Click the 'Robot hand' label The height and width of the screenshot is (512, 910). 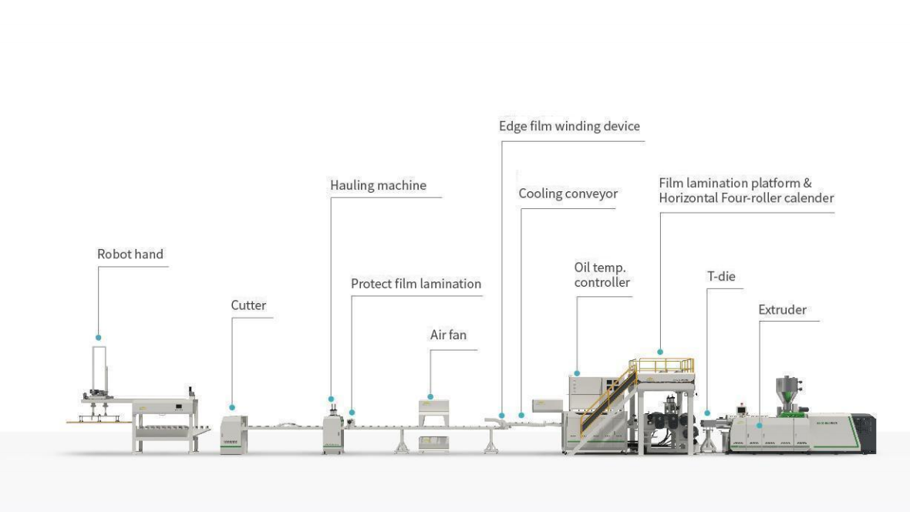point(130,254)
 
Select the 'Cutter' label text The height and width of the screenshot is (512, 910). point(248,305)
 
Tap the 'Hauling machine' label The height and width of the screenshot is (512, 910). point(378,186)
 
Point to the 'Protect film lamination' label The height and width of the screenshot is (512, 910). point(416,284)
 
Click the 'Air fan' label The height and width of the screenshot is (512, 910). point(448,335)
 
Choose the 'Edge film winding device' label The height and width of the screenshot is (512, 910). point(569,126)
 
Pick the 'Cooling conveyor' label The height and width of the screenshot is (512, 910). point(568,194)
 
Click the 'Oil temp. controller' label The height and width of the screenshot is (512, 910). point(602,275)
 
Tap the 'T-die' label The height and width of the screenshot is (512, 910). point(721,276)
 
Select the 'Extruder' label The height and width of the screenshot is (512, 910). point(782,310)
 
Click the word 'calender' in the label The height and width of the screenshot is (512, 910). point(809,198)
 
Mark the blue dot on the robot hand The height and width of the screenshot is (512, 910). point(98,338)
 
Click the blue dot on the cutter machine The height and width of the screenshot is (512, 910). point(232,407)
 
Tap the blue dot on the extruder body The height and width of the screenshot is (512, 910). point(759,424)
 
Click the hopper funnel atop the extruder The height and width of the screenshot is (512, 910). point(787,386)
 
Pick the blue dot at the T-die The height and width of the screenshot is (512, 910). point(707,413)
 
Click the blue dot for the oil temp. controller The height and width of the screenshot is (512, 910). point(577,373)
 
